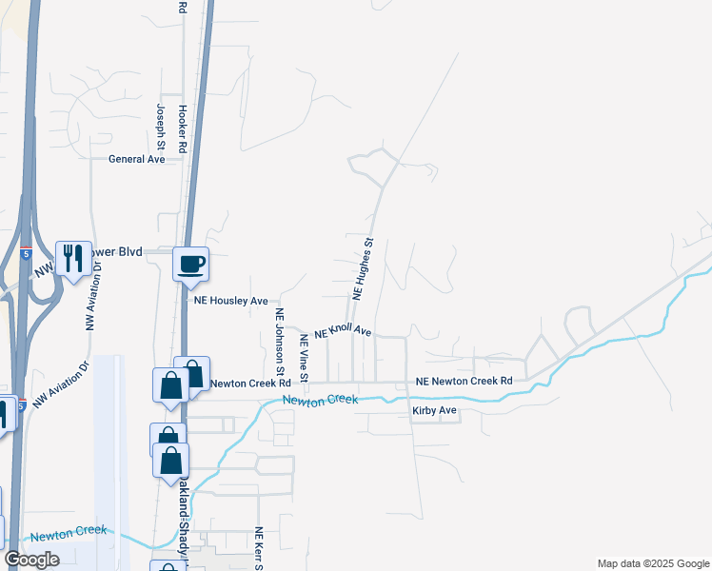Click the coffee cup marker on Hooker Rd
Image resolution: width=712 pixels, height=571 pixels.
tap(190, 263)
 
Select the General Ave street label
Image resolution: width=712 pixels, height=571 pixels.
tap(137, 160)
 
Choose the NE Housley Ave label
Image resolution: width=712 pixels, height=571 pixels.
tap(231, 301)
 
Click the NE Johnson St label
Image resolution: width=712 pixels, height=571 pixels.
tap(280, 340)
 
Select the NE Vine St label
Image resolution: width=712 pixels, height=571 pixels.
tap(304, 359)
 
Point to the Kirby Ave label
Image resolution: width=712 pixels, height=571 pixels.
tap(435, 411)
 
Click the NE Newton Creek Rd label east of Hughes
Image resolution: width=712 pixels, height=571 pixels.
tap(465, 382)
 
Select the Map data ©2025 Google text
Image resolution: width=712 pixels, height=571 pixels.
tap(652, 563)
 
